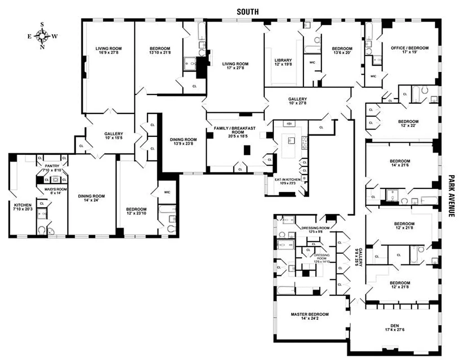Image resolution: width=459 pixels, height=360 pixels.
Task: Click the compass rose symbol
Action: [42, 36]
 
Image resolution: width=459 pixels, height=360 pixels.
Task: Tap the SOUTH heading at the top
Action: [248, 12]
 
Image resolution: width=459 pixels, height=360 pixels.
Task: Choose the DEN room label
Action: [394, 327]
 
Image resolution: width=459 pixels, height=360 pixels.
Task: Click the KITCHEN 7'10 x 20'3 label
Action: [22, 207]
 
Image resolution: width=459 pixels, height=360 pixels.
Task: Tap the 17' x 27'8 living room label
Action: [235, 66]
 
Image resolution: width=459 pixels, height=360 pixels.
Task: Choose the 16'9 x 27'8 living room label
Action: [108, 51]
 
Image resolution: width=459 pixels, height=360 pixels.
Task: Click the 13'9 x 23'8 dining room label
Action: [183, 142]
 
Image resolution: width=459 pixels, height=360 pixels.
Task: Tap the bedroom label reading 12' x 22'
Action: [408, 124]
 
